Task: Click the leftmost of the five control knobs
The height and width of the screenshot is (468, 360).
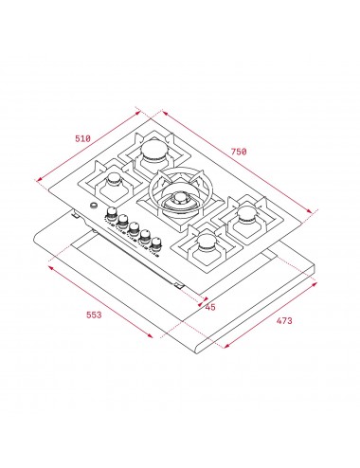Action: pos(111,215)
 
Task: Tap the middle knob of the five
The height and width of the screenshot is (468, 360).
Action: pos(134,228)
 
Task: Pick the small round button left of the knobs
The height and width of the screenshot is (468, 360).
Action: pos(93,207)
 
